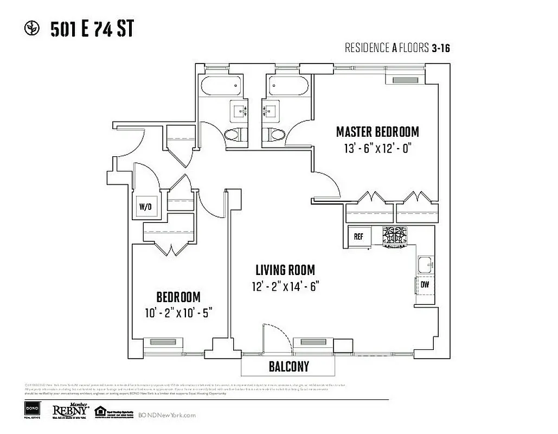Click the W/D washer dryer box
(145, 207)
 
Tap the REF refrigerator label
(358, 237)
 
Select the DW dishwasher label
(425, 284)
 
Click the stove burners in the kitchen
(394, 235)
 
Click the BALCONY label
(289, 367)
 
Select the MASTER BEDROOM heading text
(377, 132)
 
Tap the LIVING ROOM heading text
(285, 270)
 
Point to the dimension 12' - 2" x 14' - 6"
(285, 286)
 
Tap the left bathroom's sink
(238, 112)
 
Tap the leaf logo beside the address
(33, 29)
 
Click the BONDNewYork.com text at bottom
(167, 415)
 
